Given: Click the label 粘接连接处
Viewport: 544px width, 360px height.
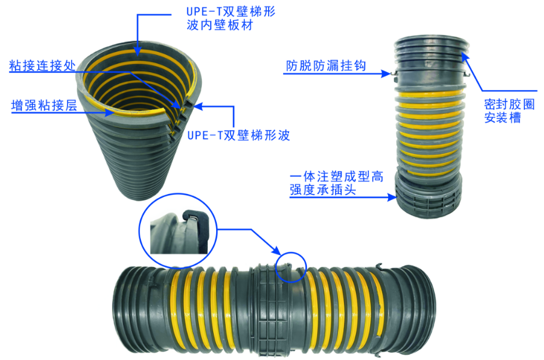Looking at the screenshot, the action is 42,65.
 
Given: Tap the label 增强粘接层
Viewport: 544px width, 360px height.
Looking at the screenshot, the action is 44,105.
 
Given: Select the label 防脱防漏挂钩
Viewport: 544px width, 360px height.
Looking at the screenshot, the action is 326,66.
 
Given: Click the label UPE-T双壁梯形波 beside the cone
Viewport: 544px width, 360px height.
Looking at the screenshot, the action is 238,135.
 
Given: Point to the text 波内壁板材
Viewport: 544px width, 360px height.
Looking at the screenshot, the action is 220,25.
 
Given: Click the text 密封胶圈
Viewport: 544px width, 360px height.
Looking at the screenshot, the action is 509,104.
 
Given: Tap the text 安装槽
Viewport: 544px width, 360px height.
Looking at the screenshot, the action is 502,118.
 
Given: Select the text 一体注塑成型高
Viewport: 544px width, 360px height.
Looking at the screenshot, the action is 337,176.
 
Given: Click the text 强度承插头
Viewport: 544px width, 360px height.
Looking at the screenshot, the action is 323,190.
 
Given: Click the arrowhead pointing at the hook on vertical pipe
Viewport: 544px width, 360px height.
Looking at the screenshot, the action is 386,73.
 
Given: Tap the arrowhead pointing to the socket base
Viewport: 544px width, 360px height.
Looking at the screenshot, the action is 392,198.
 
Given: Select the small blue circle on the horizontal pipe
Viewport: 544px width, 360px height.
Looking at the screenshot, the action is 291,267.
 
